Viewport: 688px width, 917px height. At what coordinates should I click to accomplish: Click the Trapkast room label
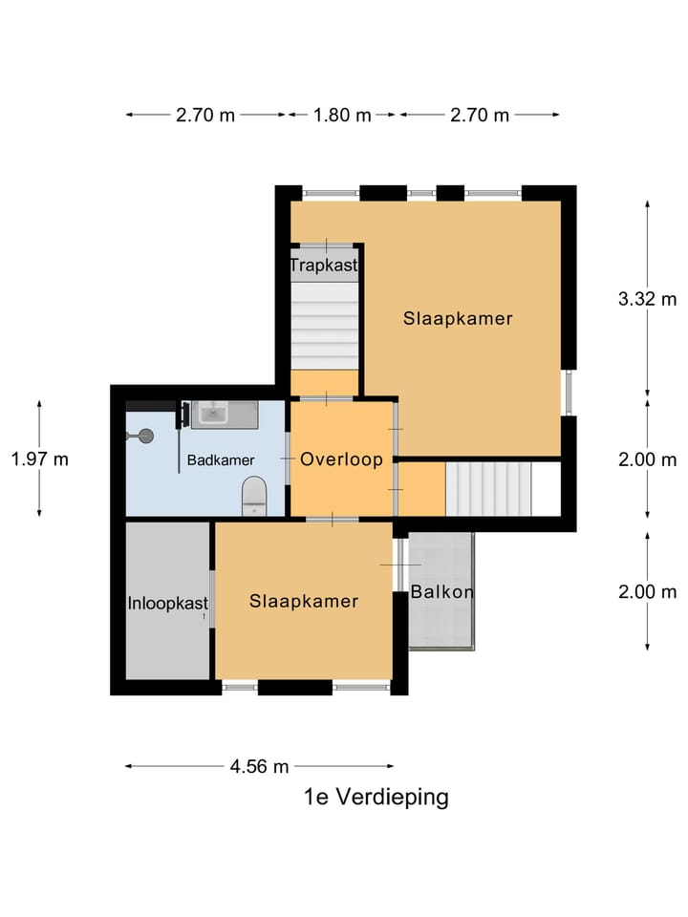[324, 265]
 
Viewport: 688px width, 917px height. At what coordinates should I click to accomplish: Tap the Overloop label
[341, 459]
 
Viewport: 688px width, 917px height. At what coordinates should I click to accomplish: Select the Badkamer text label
[221, 460]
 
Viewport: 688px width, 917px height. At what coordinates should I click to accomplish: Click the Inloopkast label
[168, 603]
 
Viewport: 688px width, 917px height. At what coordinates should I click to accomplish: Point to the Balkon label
[442, 592]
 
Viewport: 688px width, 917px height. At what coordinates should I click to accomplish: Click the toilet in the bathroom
[254, 495]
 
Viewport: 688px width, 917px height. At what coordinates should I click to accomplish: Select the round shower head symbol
[145, 436]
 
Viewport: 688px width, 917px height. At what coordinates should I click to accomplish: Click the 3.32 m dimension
[647, 298]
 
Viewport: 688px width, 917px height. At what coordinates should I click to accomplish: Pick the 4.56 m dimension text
[259, 766]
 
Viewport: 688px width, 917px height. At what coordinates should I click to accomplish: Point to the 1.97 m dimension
[39, 458]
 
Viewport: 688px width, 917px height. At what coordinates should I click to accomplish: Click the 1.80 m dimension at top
[342, 115]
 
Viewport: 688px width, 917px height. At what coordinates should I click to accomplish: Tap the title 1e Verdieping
[376, 797]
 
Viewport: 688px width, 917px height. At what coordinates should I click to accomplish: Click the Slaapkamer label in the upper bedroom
[457, 319]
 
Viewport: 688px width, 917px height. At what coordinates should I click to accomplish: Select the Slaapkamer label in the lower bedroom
[304, 601]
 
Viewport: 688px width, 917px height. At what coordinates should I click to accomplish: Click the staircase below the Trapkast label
[325, 325]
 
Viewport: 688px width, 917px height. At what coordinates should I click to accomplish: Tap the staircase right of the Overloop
[488, 489]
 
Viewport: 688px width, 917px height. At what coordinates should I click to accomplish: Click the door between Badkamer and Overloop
[288, 459]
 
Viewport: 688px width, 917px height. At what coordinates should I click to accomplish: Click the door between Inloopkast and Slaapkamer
[212, 599]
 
